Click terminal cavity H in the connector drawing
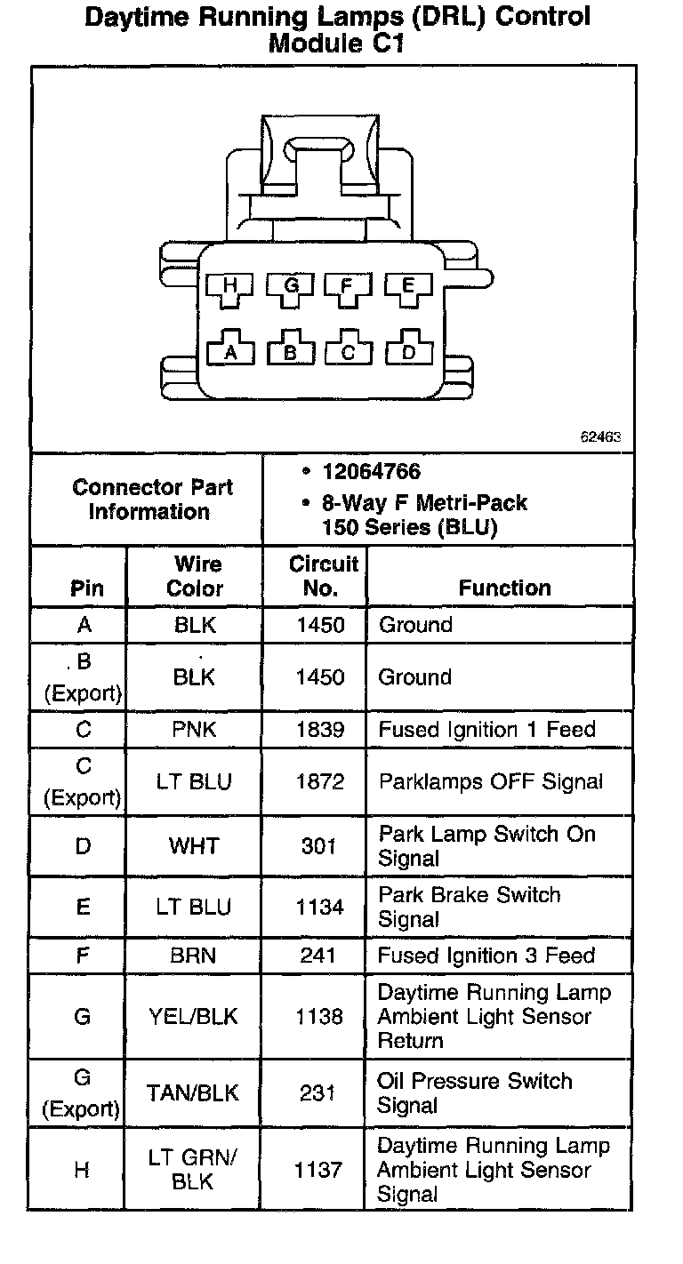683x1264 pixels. pos(230,287)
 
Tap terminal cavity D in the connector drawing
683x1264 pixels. pos(408,352)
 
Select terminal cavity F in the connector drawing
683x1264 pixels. pos(349,287)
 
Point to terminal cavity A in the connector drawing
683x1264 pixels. pos(231,352)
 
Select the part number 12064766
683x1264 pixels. pos(372,472)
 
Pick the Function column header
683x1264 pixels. pos(504,588)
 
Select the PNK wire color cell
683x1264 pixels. pos(195,730)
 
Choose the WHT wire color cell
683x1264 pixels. pos(195,845)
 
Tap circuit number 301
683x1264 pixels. pos(319,845)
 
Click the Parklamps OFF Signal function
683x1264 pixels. pos(491,781)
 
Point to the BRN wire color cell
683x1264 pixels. pos(195,956)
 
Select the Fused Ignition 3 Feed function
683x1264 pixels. pos(486,956)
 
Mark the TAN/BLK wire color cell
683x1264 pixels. pos(195,1093)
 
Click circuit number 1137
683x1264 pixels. pos(319,1170)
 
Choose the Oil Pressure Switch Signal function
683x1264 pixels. pos(475,1093)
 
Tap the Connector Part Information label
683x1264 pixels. pos(152,500)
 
